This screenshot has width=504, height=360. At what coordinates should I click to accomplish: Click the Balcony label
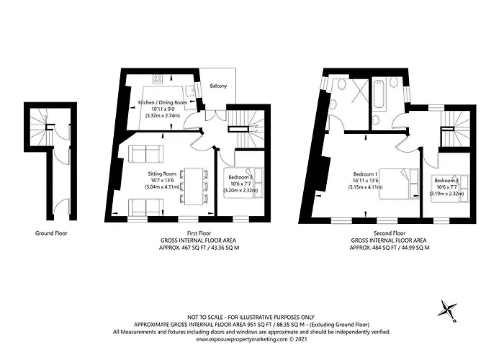coord(218,86)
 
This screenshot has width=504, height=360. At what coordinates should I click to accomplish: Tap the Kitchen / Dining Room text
coord(162,103)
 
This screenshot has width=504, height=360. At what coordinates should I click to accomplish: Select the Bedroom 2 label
coord(240,177)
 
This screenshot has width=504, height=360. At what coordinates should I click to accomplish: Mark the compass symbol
coord(448,310)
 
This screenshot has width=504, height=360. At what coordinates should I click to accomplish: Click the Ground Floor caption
coord(51,233)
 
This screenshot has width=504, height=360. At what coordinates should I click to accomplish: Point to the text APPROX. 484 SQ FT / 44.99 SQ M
coord(390,247)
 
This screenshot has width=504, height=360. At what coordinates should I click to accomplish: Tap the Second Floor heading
coord(390,233)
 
